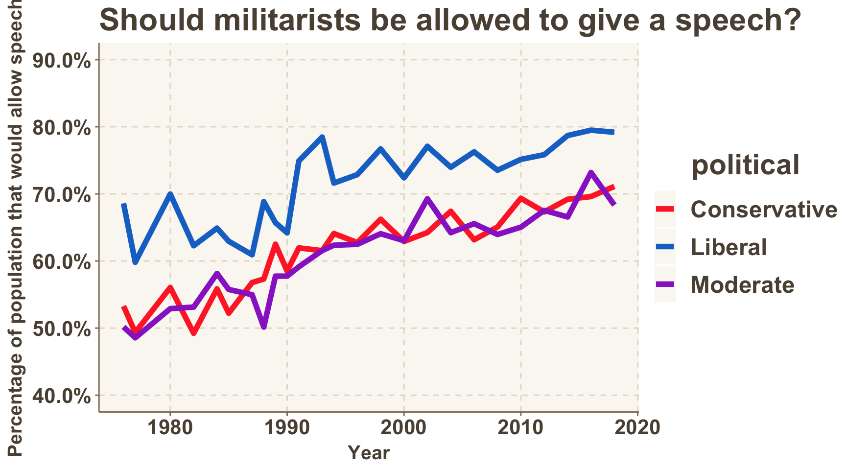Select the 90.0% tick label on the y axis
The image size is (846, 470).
coord(62,61)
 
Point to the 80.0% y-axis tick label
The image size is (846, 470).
coord(62,128)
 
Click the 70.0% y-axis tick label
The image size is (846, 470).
coord(62,195)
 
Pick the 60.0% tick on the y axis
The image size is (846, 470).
coord(62,262)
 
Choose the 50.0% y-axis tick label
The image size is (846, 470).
coord(62,329)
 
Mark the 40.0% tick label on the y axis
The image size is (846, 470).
coord(62,396)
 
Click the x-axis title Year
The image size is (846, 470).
coord(369,453)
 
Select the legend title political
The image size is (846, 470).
coord(745,165)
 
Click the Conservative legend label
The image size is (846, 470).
coord(764,210)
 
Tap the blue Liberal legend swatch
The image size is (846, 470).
coord(665,247)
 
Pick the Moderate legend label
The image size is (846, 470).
coord(742,285)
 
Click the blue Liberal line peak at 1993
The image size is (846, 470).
coord(322,137)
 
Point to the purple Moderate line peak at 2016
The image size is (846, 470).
coord(591,173)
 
